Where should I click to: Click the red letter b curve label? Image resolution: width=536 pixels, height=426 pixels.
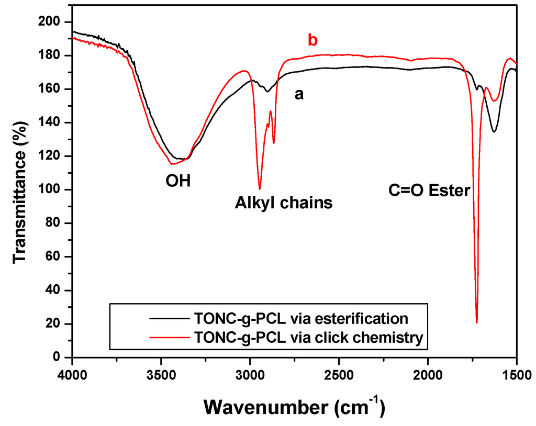[x=312, y=40]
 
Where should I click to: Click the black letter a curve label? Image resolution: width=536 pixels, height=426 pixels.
[x=299, y=95]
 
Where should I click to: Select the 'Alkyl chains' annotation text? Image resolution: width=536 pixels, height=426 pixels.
[x=283, y=203]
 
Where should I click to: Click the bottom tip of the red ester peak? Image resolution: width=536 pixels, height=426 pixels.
[x=477, y=322]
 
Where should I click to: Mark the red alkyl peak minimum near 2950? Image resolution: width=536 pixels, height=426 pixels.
[x=260, y=189]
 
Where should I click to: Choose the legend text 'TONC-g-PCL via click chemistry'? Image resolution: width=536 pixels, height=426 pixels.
[x=308, y=338]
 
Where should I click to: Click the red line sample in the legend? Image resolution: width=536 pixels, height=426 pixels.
[x=169, y=338]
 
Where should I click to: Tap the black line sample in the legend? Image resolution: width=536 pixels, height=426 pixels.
[x=169, y=318]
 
